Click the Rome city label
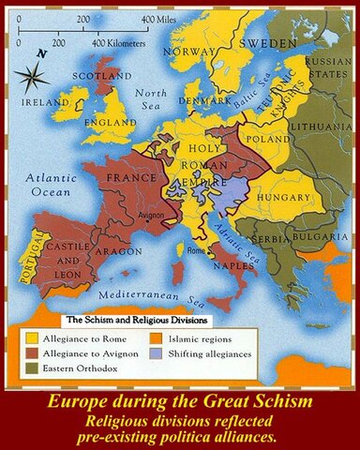(x=196, y=251)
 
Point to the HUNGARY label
(x=281, y=198)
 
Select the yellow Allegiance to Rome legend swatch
(x=31, y=337)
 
